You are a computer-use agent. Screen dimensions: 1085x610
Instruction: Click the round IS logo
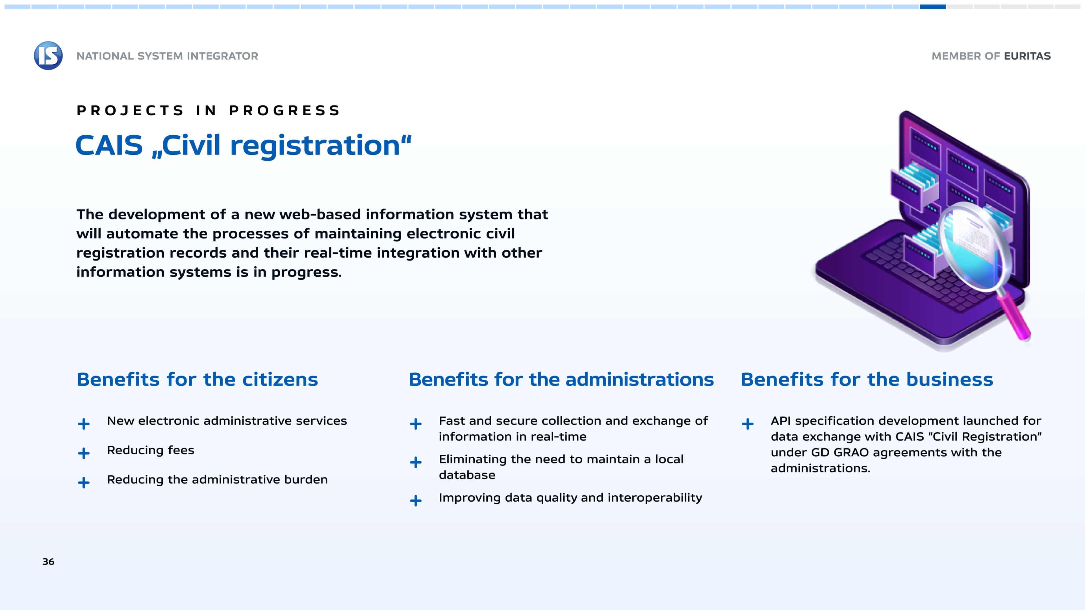click(x=48, y=56)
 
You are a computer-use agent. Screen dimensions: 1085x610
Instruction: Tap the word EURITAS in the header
click(x=1027, y=56)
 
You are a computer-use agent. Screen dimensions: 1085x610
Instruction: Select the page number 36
click(x=48, y=562)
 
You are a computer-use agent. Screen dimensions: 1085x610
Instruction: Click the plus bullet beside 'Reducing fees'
click(x=84, y=453)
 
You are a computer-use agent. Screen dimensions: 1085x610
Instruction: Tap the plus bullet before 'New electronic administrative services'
click(x=84, y=424)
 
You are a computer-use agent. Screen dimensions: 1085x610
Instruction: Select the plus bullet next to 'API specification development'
click(x=748, y=424)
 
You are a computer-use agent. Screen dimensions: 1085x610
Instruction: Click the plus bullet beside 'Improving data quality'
click(x=416, y=500)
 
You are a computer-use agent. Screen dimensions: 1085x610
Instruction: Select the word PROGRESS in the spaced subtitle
click(x=285, y=110)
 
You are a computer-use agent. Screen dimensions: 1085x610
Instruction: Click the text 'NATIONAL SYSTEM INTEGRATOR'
click(x=167, y=56)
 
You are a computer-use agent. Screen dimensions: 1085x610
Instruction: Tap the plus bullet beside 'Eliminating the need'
click(x=416, y=462)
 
